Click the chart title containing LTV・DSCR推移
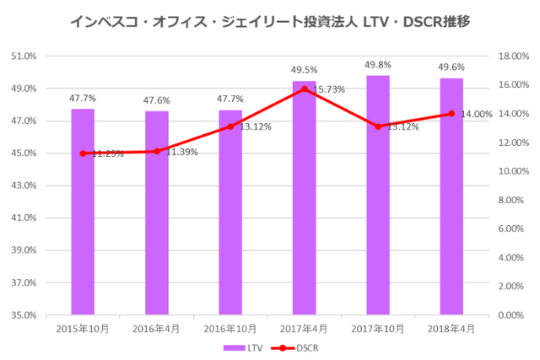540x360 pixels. click(269, 20)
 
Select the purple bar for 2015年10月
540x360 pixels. click(83, 211)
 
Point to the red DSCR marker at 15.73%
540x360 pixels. click(304, 89)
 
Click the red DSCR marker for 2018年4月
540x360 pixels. click(451, 114)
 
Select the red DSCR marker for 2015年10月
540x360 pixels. click(83, 153)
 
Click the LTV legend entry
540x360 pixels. click(244, 347)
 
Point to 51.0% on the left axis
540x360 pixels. click(24, 56)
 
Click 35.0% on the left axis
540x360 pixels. click(24, 315)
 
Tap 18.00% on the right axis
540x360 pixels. click(513, 56)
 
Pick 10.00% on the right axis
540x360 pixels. click(513, 171)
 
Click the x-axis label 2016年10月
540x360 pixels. click(230, 328)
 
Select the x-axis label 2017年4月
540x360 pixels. click(304, 328)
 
